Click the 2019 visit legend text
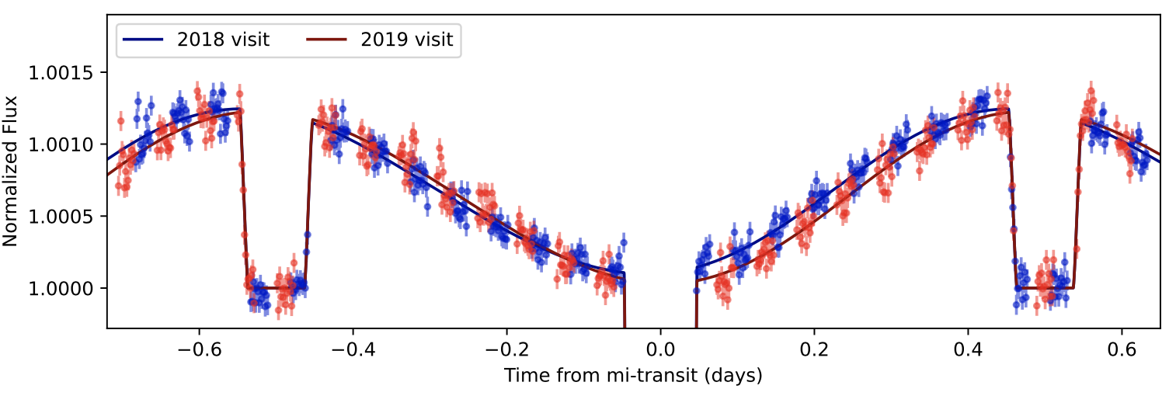pyautogui.click(x=406, y=40)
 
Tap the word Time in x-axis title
pyautogui.click(x=523, y=376)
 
